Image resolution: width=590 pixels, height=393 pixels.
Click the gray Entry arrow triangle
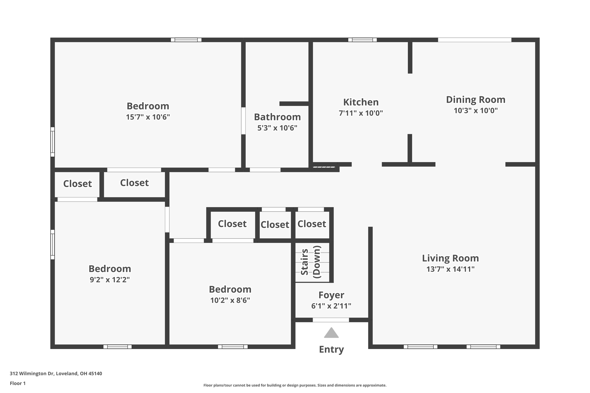[331, 333]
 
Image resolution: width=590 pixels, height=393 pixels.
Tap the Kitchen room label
[361, 102]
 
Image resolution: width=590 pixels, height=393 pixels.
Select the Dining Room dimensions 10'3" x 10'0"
[476, 111]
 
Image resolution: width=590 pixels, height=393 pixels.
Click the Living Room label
[450, 258]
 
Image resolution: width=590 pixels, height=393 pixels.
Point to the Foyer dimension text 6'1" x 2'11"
[331, 306]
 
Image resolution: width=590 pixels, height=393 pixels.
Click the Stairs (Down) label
[311, 262]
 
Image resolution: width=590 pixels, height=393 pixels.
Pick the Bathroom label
[277, 117]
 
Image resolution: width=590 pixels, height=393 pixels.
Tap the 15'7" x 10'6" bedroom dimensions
[148, 117]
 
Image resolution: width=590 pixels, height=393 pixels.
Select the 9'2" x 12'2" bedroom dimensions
[110, 280]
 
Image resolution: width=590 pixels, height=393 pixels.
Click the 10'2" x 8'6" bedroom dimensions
[230, 300]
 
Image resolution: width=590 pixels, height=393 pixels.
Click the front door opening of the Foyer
[331, 320]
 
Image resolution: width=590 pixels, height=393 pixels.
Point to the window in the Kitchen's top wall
[362, 40]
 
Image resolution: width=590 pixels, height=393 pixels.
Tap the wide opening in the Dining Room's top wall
[475, 40]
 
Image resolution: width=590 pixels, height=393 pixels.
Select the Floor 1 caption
[18, 383]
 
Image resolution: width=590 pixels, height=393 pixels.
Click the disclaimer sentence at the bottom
[295, 385]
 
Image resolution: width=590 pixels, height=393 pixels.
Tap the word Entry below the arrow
[331, 350]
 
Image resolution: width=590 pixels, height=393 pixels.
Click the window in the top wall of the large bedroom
[186, 40]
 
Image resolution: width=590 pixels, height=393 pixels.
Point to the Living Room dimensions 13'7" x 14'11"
[450, 269]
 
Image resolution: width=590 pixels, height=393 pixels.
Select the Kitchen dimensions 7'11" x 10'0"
[361, 113]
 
